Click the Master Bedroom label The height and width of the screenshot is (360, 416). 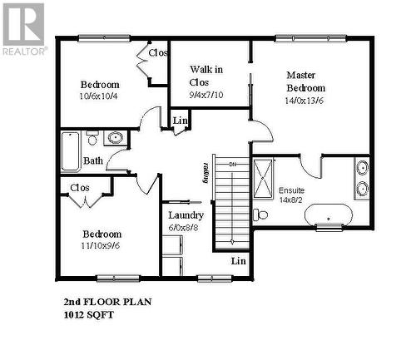[306, 81]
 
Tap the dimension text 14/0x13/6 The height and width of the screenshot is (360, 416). [306, 101]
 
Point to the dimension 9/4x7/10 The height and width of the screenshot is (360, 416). [206, 95]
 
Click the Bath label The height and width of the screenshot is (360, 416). [93, 160]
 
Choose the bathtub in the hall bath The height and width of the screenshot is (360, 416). [70, 152]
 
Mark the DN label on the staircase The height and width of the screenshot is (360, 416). [233, 165]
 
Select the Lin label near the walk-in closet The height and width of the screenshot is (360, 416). [180, 121]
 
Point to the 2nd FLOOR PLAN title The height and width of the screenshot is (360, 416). [107, 303]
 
